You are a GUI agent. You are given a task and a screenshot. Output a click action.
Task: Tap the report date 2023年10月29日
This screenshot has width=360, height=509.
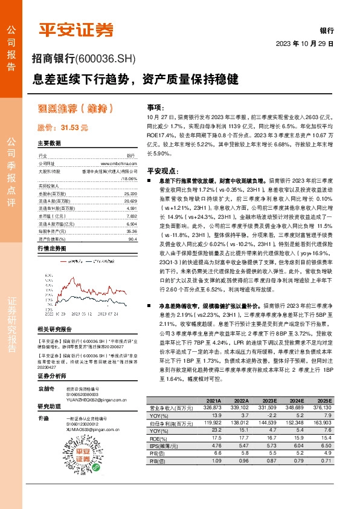coord(304,44)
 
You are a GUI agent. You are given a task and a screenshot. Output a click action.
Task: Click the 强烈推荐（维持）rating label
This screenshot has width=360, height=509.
coord(76,109)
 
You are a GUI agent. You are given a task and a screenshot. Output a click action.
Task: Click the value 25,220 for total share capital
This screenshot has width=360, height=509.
coord(129,194)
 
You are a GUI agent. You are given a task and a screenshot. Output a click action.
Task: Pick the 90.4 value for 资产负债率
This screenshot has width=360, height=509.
coord(132,238)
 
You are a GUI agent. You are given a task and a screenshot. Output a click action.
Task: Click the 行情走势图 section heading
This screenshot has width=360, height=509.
coord(51,248)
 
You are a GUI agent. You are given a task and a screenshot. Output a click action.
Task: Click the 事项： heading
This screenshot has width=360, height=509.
coord(156,106)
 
